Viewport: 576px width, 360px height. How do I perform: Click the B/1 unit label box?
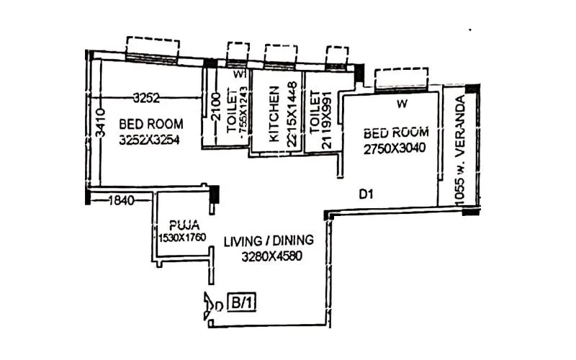(x=240, y=303)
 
